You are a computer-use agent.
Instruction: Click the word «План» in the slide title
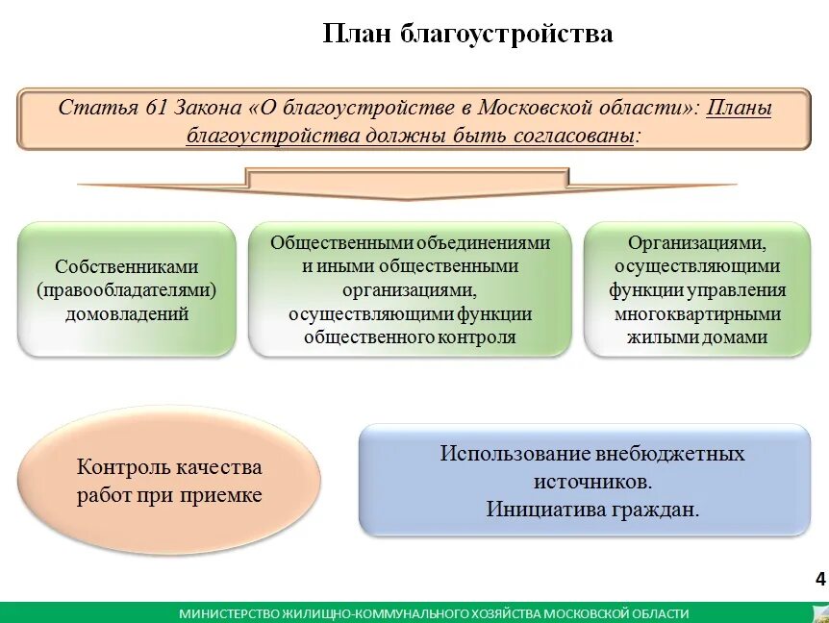pos(356,35)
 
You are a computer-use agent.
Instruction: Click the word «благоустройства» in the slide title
pos(506,35)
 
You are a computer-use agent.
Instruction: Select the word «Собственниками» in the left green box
pos(126,267)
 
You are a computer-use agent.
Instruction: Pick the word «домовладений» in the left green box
pos(126,313)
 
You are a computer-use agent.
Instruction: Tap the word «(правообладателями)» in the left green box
pos(126,290)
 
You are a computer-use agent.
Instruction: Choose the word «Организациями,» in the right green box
pos(696,243)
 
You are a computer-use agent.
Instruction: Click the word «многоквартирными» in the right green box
pos(696,314)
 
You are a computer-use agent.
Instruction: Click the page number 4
pos(819,579)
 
